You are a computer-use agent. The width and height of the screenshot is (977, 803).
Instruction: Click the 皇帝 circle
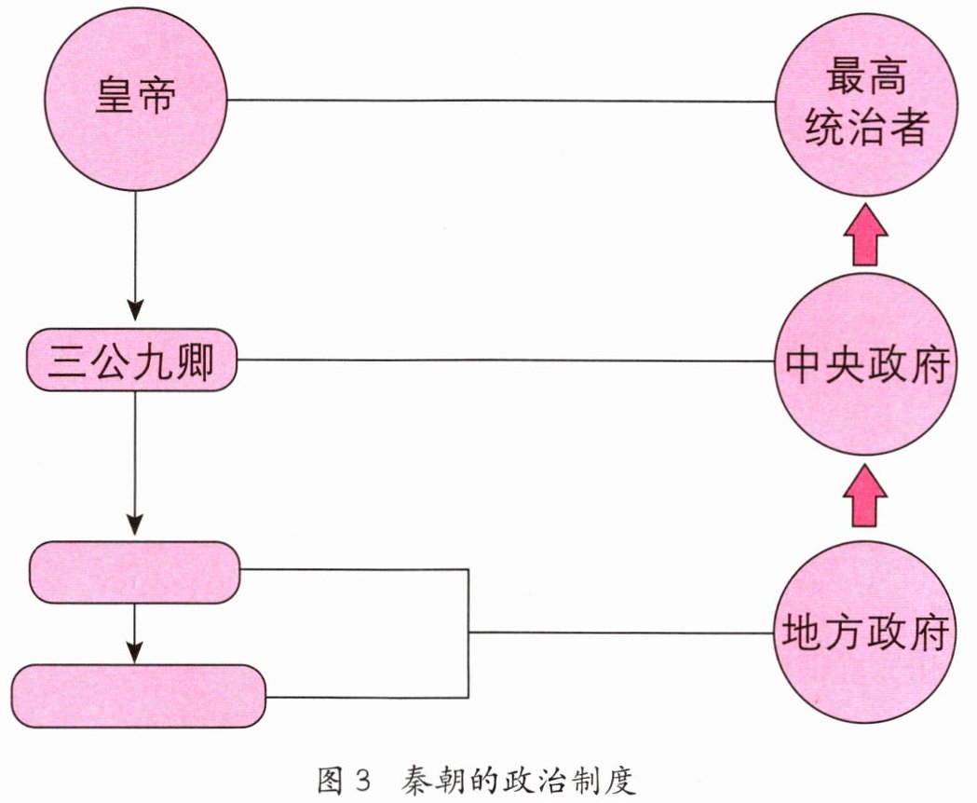pos(136,100)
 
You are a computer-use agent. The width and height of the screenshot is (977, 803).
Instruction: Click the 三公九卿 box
pos(131,360)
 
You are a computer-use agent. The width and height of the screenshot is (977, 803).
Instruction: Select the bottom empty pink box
pos(139,697)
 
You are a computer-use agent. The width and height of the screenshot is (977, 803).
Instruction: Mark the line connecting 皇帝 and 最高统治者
pos(503,101)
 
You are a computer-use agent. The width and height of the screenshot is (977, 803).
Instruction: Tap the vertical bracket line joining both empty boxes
pos(468,633)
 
